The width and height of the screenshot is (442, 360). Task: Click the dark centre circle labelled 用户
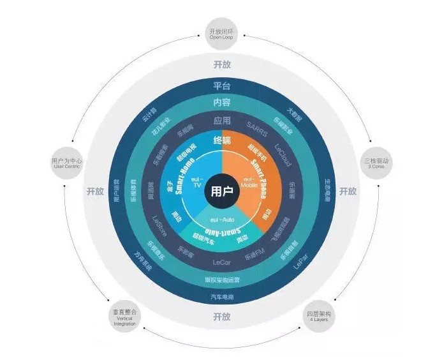221,190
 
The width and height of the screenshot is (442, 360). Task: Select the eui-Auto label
222,219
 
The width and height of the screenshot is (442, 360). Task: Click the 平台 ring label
221,86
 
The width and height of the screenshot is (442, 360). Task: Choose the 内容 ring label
221,103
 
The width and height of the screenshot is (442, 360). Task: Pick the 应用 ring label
221,119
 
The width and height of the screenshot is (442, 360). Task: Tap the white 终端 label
221,139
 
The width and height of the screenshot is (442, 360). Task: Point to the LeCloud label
283,154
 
